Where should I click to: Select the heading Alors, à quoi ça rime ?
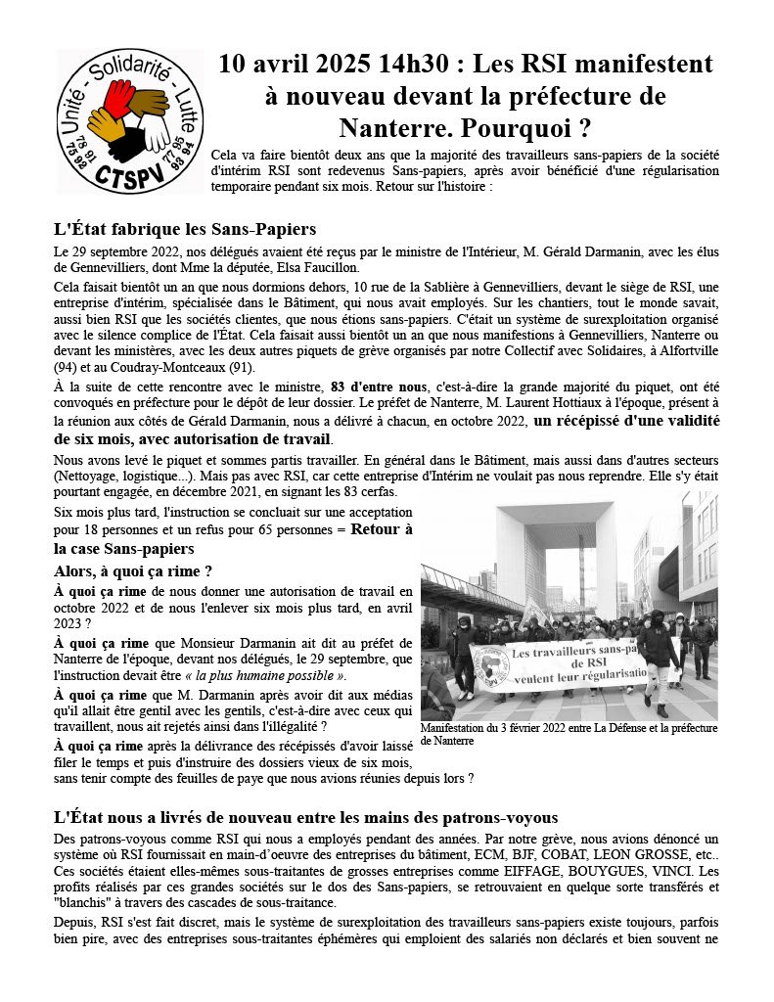coord(133,570)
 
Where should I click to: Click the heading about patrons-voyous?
coord(305,817)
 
